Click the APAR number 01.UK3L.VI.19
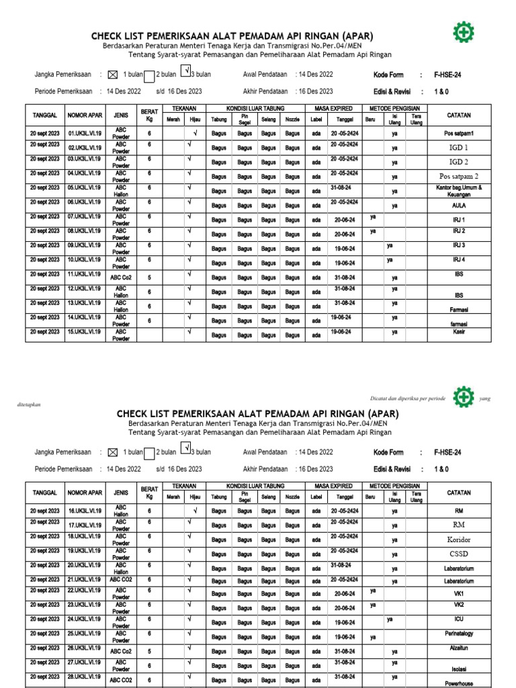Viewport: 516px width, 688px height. tap(85, 134)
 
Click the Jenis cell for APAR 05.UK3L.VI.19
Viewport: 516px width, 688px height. tap(121, 191)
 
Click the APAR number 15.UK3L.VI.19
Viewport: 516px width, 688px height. tap(85, 332)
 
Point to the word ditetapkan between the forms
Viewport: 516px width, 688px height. tap(28, 404)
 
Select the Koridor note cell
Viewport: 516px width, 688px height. tap(459, 540)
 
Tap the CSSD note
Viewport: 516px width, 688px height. tap(459, 554)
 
